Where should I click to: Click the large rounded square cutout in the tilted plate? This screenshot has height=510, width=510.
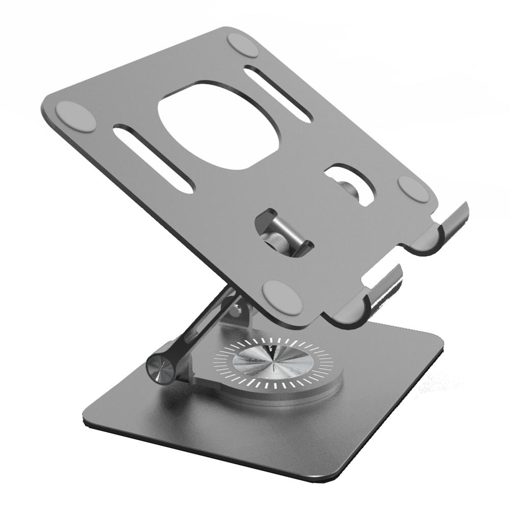[x=220, y=125]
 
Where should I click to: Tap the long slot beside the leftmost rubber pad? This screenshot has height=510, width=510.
[x=152, y=159]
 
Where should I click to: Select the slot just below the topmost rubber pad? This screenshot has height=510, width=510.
[x=277, y=94]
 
